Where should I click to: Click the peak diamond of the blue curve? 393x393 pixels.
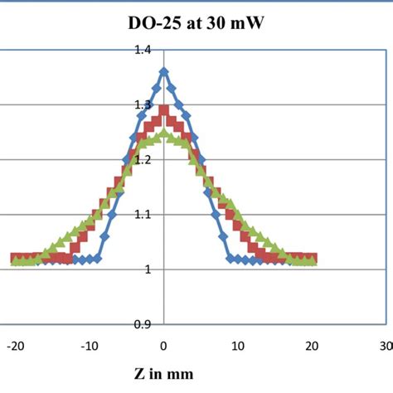click(x=163, y=71)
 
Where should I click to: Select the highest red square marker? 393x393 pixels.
click(x=163, y=109)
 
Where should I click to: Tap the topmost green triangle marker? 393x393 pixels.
click(x=163, y=133)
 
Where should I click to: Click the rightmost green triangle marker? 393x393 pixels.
click(x=313, y=261)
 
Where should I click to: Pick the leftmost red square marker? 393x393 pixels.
click(x=15, y=258)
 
